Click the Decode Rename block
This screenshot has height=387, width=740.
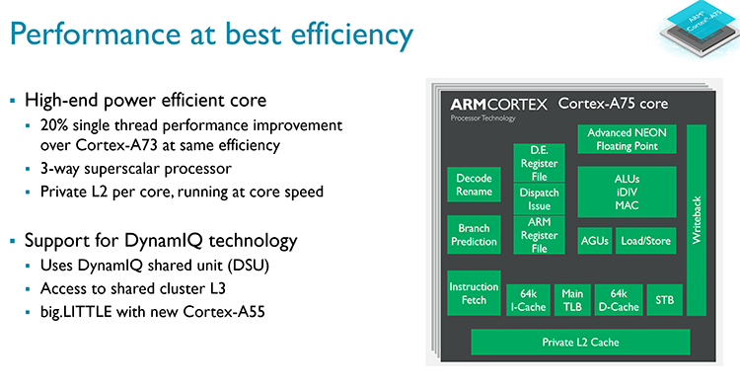(474, 185)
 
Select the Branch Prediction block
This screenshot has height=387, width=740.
(474, 236)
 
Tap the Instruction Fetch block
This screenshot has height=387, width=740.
(474, 293)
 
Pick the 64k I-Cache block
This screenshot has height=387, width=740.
(527, 299)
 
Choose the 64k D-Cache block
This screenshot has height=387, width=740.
(618, 299)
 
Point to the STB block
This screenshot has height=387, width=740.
(663, 299)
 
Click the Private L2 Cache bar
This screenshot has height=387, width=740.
(579, 342)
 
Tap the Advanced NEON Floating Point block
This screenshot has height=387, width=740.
(629, 138)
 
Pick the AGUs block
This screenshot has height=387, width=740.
(595, 240)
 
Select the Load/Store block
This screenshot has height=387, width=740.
(646, 240)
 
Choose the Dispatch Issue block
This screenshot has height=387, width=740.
(539, 199)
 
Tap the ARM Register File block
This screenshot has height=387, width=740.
(539, 236)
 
